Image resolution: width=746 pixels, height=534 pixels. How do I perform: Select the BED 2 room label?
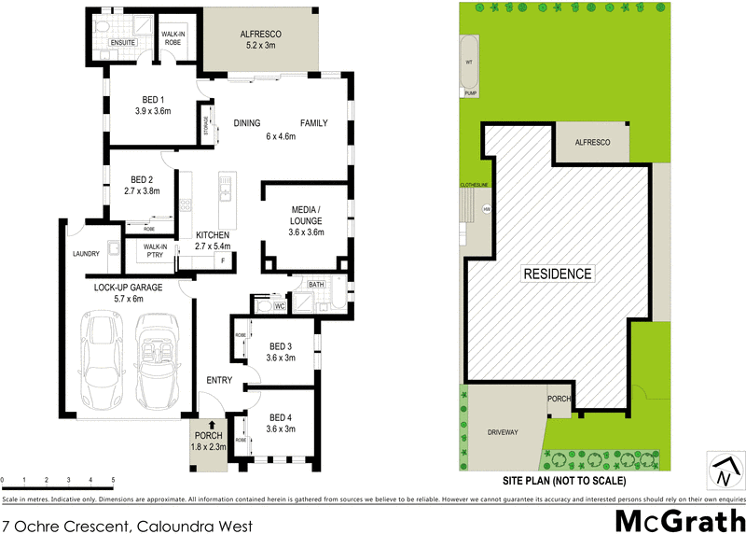143,185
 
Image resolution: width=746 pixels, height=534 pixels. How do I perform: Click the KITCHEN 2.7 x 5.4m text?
213,241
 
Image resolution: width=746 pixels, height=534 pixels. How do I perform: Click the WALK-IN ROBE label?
175,38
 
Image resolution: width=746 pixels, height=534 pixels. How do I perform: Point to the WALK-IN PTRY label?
153,252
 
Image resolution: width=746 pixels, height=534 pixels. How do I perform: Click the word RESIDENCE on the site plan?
557,274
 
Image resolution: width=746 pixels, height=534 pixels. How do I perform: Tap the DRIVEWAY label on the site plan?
502,432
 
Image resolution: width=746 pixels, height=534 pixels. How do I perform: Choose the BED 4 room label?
282,423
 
